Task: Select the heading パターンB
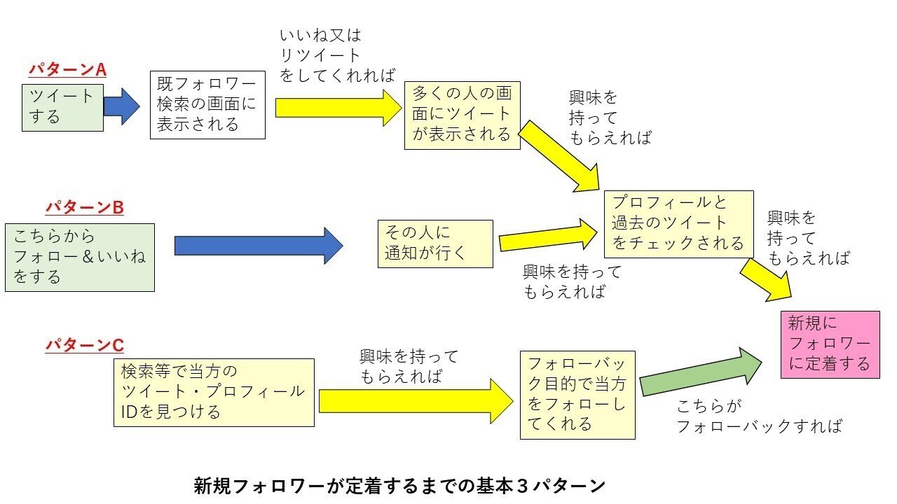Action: tap(85, 208)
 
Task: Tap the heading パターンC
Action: tap(85, 345)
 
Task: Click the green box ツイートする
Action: tap(62, 106)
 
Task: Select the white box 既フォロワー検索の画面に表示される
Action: tap(207, 104)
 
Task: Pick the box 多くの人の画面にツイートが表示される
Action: tap(462, 115)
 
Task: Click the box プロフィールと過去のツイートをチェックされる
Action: tap(678, 223)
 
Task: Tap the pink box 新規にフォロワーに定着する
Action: tap(830, 344)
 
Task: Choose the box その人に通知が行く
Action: tap(434, 243)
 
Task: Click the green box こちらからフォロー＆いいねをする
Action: tap(79, 257)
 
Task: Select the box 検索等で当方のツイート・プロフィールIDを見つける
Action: tap(214, 392)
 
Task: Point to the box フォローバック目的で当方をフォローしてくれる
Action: tap(577, 395)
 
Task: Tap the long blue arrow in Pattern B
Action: tap(258, 246)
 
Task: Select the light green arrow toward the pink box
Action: tap(701, 373)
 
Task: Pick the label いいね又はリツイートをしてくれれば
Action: tap(336, 55)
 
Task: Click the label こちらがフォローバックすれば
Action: tap(758, 416)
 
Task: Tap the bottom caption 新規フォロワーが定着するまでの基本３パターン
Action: tap(399, 485)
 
